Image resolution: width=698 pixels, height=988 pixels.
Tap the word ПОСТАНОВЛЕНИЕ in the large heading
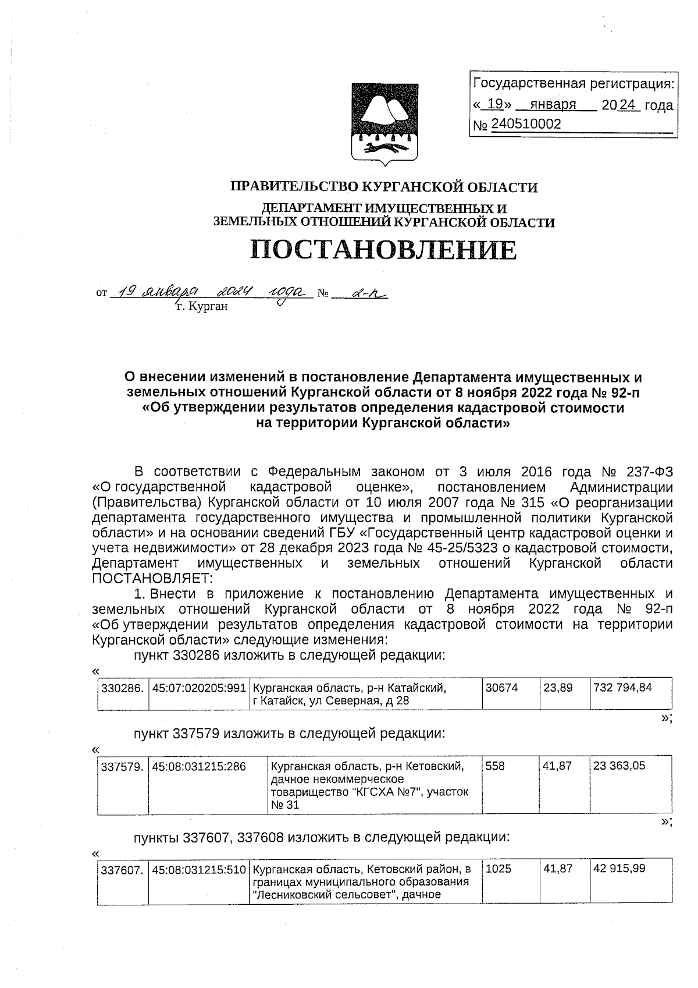click(383, 250)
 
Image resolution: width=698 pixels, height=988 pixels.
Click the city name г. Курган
click(202, 306)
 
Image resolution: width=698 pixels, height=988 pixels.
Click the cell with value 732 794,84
click(622, 688)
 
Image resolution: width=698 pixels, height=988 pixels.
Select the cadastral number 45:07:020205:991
click(198, 688)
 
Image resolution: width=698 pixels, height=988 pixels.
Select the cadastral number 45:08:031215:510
click(198, 869)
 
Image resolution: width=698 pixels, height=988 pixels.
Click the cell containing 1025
click(498, 869)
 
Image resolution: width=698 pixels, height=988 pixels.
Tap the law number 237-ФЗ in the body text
click(647, 472)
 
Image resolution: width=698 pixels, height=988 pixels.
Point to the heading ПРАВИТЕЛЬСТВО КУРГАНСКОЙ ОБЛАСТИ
click(384, 187)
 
